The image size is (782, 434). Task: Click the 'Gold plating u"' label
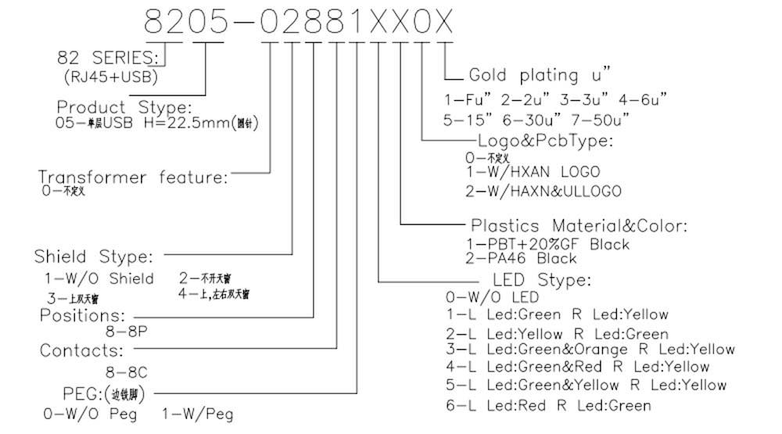(539, 75)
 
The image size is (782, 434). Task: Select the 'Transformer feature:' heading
(133, 178)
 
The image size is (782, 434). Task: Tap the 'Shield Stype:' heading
(94, 256)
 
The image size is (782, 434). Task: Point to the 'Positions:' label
(82, 315)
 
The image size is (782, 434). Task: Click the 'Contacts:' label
(81, 350)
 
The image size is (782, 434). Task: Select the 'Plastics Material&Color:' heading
(579, 226)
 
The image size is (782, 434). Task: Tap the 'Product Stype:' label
(124, 106)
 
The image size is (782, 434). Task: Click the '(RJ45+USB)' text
(109, 77)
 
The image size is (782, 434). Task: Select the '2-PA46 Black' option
(521, 258)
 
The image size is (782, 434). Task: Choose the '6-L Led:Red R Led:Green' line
(547, 404)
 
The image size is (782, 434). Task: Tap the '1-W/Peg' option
(197, 414)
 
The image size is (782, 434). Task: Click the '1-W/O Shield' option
(99, 278)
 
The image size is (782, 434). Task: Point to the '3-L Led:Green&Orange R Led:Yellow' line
(590, 349)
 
